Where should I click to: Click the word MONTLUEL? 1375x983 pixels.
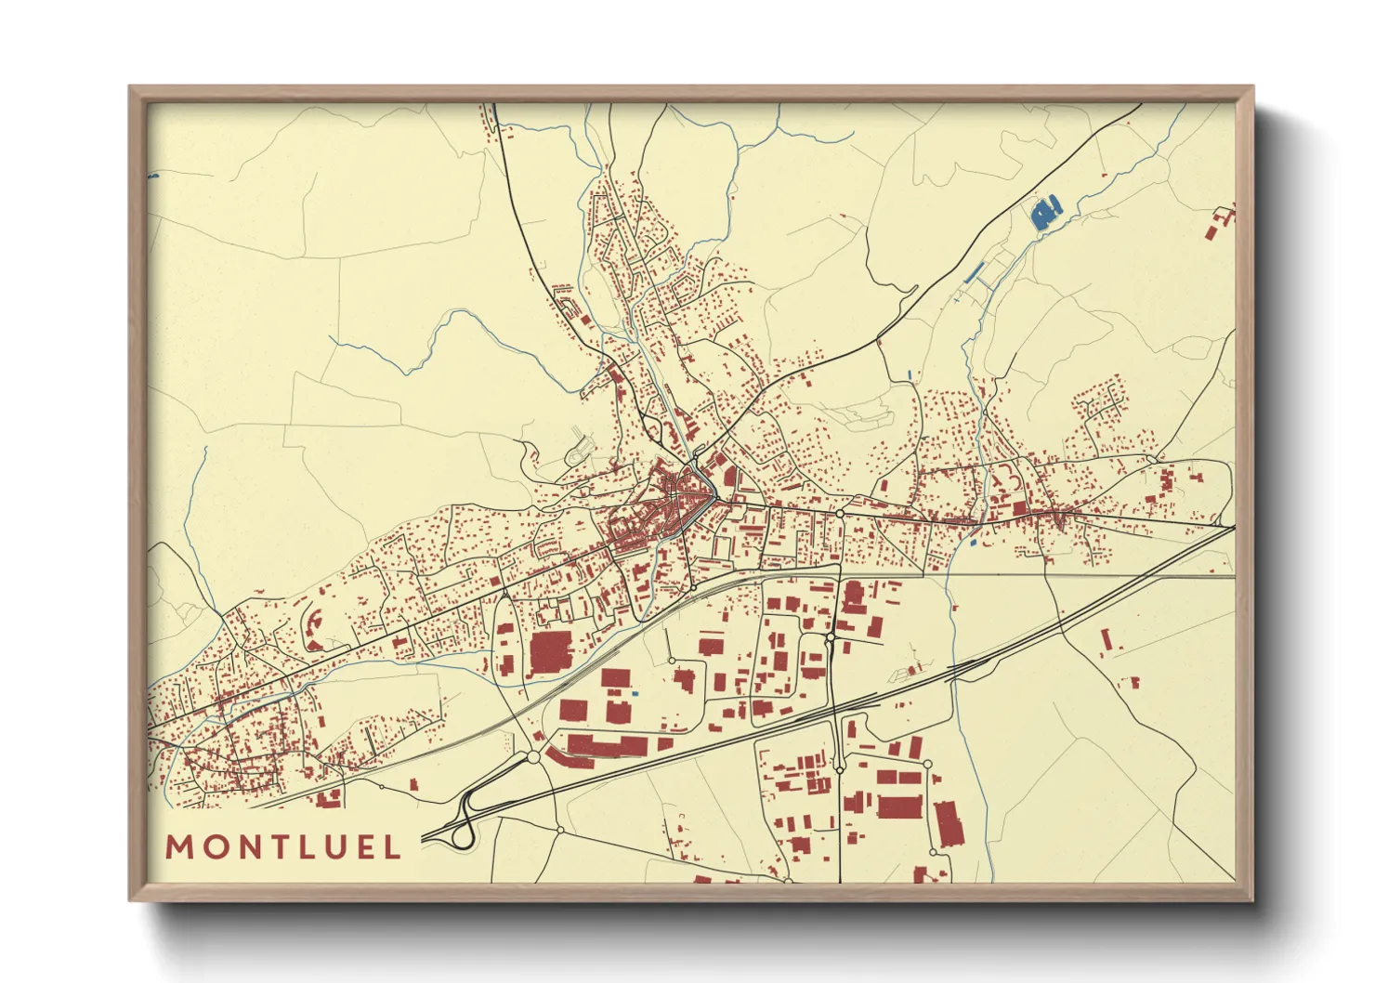pyautogui.click(x=283, y=846)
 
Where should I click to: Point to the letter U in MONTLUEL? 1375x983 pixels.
pyautogui.click(x=327, y=846)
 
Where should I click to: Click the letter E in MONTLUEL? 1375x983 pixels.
pyautogui.click(x=360, y=846)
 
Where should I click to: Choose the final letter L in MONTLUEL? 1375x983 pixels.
pyautogui.click(x=393, y=846)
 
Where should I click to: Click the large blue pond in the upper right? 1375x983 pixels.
pyautogui.click(x=1046, y=214)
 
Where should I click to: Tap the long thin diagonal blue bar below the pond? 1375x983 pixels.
pyautogui.click(x=974, y=272)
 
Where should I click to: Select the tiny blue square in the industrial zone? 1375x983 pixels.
pyautogui.click(x=635, y=695)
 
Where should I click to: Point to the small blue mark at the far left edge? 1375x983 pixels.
pyautogui.click(x=153, y=175)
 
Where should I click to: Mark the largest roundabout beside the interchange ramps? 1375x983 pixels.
pyautogui.click(x=534, y=757)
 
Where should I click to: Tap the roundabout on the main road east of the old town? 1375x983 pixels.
pyautogui.click(x=839, y=513)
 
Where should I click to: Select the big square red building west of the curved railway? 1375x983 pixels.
pyautogui.click(x=552, y=654)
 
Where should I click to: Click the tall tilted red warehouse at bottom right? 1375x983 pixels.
pyautogui.click(x=946, y=824)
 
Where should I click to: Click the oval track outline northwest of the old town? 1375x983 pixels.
pyautogui.click(x=579, y=452)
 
